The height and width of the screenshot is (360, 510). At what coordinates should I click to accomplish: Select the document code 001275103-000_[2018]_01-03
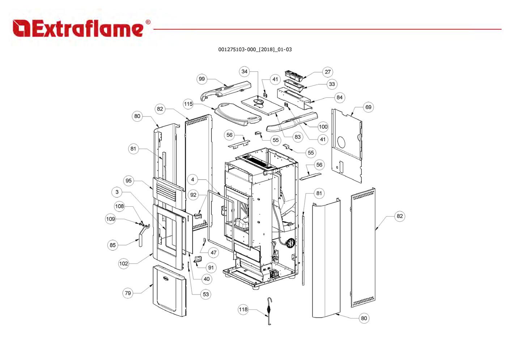coord(255,49)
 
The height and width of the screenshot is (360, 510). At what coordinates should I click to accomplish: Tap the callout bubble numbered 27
coord(327,72)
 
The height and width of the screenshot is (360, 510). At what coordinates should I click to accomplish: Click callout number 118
coord(243,309)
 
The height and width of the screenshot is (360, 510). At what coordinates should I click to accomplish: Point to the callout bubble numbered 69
coord(368,107)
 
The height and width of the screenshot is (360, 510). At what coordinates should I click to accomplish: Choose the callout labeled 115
coord(188,104)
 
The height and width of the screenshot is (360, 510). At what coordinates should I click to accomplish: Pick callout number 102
coord(124,263)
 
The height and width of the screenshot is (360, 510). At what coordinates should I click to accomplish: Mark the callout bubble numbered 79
coord(128,293)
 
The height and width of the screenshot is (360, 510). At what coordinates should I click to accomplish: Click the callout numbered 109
coord(110,219)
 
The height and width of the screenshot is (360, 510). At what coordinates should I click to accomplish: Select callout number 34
coord(245,72)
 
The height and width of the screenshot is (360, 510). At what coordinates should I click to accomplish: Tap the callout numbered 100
coord(323,127)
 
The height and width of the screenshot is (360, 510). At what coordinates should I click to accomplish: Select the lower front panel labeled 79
coord(169,291)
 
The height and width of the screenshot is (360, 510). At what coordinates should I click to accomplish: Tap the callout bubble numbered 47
coord(213,252)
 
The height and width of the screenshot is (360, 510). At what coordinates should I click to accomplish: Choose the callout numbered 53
coord(205,294)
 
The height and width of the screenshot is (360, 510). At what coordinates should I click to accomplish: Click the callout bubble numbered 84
coord(339,97)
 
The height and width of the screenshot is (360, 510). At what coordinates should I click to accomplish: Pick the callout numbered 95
coord(128,181)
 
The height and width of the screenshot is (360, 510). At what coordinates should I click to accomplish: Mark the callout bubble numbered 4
coord(193,180)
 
